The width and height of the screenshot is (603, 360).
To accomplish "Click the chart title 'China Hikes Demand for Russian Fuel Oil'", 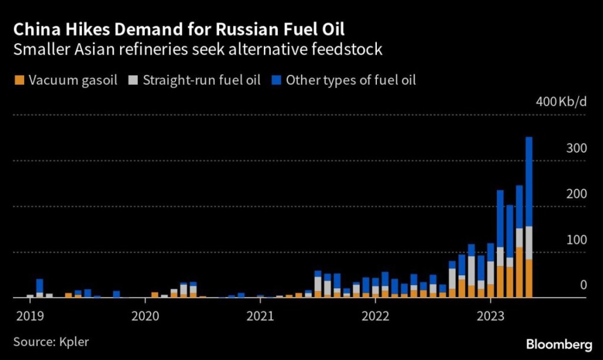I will pyautogui.click(x=179, y=29).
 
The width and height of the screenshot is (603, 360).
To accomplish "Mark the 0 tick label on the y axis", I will pyautogui.click(x=583, y=285).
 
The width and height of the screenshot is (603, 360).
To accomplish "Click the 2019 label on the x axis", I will pyautogui.click(x=26, y=315).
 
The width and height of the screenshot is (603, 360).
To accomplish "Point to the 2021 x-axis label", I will pyautogui.click(x=260, y=315).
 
